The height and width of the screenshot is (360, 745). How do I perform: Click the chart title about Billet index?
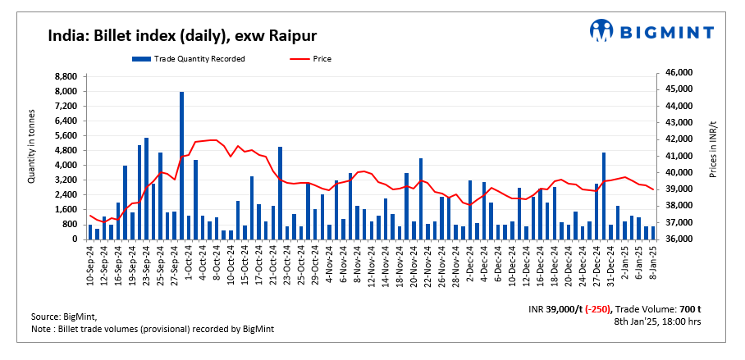tap(182, 35)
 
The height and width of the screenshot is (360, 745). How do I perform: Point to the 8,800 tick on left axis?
tap(66, 75)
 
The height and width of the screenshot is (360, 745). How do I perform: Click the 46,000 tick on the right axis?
tap(677, 73)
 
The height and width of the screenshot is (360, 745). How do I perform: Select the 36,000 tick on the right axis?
tap(677, 239)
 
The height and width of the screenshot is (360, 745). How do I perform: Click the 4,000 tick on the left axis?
tap(66, 165)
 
